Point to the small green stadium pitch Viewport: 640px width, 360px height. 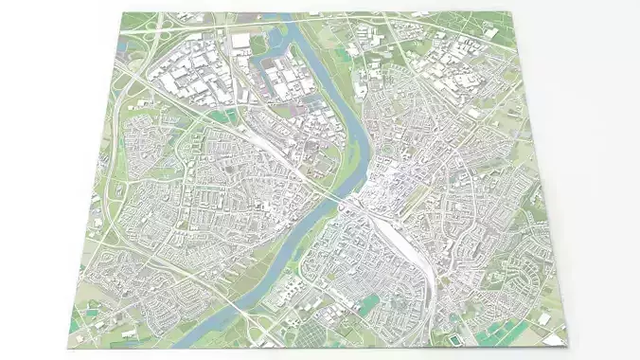(x=457, y=336)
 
